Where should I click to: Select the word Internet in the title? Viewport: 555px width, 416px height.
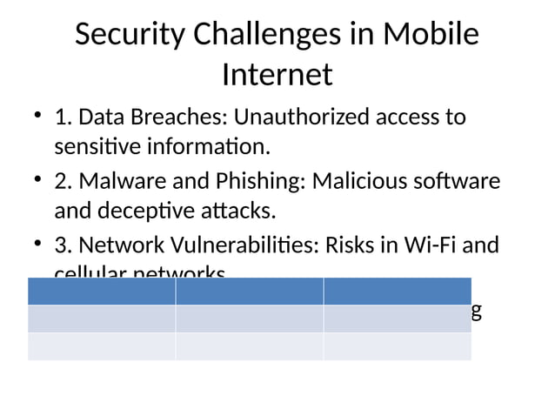[277, 75]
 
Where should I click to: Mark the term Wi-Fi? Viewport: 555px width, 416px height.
[428, 245]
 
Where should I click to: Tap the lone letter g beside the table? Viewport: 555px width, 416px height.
[476, 311]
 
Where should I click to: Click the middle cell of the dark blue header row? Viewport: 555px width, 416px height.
[250, 291]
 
